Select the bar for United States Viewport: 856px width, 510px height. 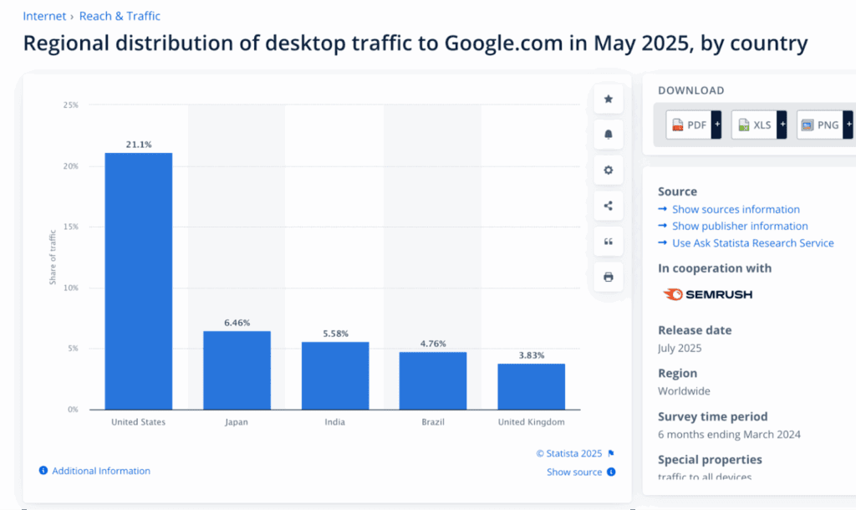(138, 281)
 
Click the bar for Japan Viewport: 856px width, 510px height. (237, 370)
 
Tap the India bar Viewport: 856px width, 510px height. (334, 375)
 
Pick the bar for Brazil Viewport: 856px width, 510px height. (432, 380)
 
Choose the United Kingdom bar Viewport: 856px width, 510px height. (531, 386)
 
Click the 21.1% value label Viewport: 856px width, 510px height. (139, 145)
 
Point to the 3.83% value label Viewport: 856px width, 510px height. (531, 355)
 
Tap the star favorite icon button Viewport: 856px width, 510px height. (609, 99)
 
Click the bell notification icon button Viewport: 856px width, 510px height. (609, 135)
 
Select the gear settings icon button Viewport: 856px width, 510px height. (609, 171)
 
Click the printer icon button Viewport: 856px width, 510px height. (609, 277)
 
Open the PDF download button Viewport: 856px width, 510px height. (693, 125)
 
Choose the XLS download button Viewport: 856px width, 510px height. (758, 125)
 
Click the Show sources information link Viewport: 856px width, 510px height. (736, 210)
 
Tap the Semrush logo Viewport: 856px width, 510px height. (707, 294)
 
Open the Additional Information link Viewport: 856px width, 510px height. (100, 472)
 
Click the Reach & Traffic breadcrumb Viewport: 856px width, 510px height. (120, 16)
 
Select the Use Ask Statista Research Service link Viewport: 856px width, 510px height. (752, 243)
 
